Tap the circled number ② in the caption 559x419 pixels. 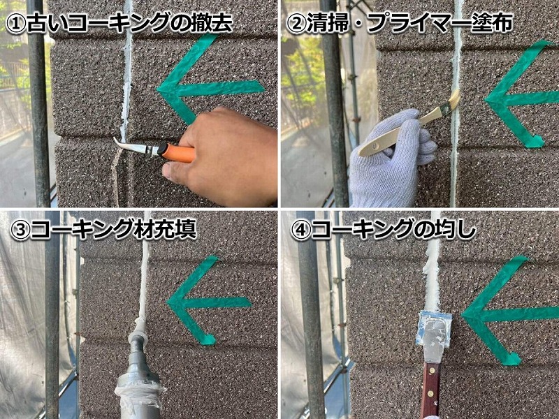[x=296, y=24]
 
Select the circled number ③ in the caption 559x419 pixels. [x=20, y=230]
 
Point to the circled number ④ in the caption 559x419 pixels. [x=300, y=230]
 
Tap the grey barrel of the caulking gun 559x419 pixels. [x=138, y=374]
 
